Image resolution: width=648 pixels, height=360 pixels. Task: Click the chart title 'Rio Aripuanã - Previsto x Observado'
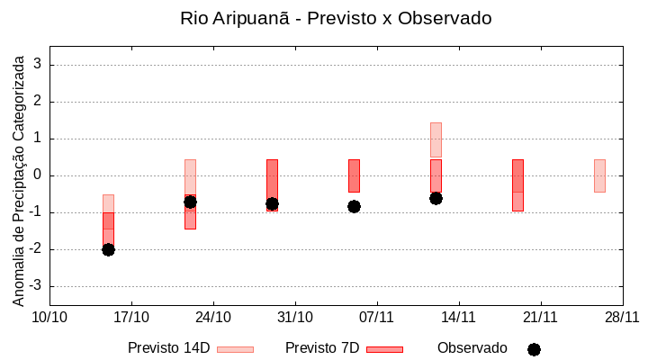336,18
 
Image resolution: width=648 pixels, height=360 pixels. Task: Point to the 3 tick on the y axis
39,65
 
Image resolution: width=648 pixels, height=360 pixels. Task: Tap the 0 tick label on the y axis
39,175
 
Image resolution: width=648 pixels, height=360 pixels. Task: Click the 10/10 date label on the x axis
49,317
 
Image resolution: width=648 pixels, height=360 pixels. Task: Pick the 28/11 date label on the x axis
622,317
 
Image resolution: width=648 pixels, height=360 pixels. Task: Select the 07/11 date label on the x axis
377,317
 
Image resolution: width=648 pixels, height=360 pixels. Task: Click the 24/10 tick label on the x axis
213,317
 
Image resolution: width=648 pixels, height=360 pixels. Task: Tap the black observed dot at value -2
108,249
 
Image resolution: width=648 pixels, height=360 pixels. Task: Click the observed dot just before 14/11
436,198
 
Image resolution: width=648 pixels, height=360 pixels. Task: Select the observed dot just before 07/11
354,206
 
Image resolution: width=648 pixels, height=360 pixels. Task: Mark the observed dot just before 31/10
272,203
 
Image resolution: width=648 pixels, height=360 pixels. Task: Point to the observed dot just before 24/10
190,202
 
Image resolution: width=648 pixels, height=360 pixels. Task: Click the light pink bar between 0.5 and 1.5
436,139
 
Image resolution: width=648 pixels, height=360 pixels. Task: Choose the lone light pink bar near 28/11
599,175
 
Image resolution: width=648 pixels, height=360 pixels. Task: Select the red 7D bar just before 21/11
517,184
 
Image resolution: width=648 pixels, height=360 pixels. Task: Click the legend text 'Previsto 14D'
168,348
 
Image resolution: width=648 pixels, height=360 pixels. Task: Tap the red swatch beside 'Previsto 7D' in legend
384,349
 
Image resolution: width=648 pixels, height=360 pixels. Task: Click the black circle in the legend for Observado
534,349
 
